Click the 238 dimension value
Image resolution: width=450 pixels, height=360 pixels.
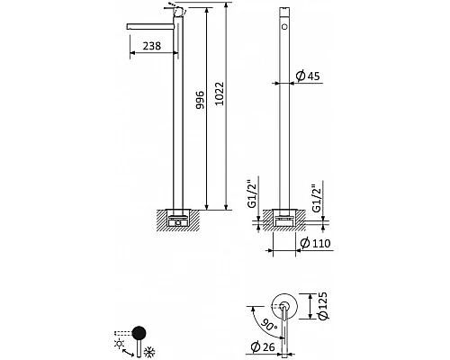tap(152, 46)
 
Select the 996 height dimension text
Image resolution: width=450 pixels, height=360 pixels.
tap(200, 100)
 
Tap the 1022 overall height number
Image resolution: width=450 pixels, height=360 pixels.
tap(220, 94)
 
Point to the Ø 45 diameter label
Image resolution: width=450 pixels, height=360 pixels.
tap(308, 76)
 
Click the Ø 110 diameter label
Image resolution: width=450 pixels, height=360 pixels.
tap(315, 243)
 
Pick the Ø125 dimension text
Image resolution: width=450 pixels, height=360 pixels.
tap(321, 306)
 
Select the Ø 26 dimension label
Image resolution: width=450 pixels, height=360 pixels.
tap(263, 347)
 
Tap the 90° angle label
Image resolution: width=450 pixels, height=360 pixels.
tap(268, 324)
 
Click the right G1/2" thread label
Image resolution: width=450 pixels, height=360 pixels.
tap(316, 198)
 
